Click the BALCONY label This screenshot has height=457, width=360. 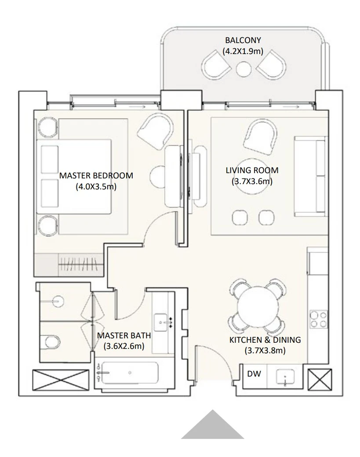(x=243, y=40)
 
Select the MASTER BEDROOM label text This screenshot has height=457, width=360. (x=96, y=176)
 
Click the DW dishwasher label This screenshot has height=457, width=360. (x=254, y=374)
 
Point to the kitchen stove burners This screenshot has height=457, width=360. (x=319, y=319)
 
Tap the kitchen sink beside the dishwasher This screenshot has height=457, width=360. (x=285, y=377)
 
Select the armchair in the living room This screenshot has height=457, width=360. (x=260, y=138)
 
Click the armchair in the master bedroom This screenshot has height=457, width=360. (x=156, y=131)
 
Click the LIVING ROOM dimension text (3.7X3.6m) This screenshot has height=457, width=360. (x=252, y=181)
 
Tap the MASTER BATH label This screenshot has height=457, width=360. (x=124, y=335)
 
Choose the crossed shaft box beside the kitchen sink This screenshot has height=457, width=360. (x=320, y=379)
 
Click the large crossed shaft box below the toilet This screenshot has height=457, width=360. (x=61, y=379)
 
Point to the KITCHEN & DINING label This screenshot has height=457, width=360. (x=265, y=340)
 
